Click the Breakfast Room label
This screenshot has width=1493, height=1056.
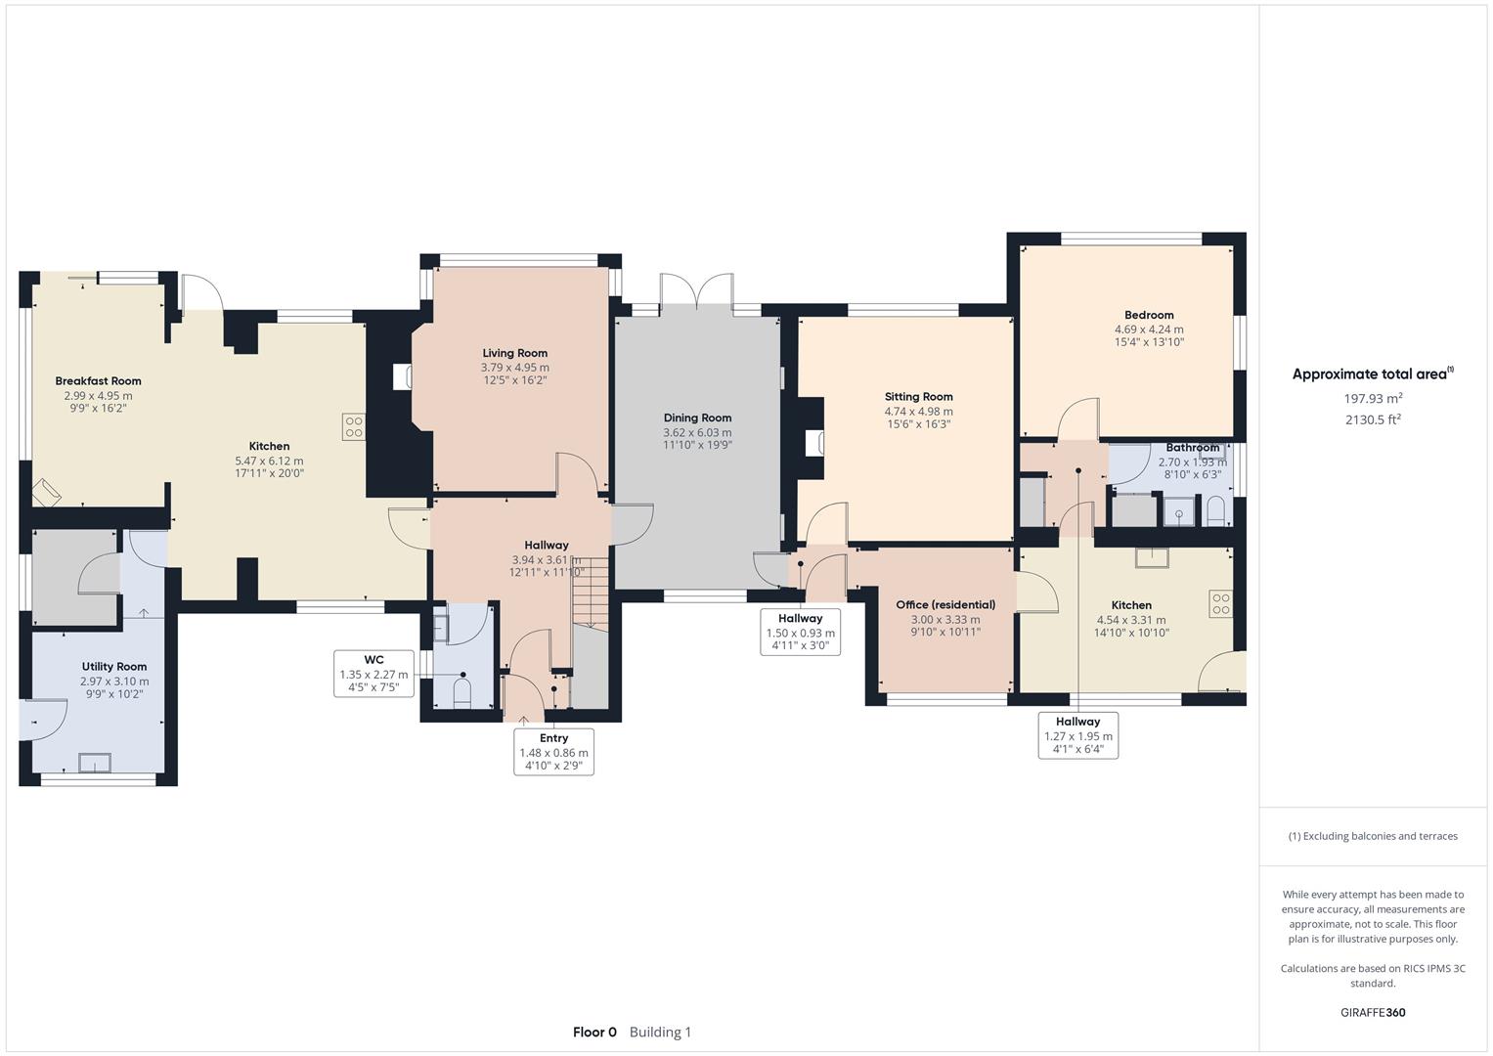tap(98, 381)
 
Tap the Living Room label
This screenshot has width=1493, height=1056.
tap(514, 353)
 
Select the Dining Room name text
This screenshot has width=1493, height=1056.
tap(697, 418)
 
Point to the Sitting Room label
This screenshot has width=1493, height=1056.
tap(918, 397)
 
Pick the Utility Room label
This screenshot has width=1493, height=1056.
tap(114, 667)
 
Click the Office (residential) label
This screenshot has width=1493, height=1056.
tap(945, 604)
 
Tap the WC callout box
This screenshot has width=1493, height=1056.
tap(373, 674)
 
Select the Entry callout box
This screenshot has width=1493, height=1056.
tap(553, 752)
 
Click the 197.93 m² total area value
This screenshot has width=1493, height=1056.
tap(1373, 398)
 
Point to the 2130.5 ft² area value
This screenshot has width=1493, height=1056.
tap(1373, 419)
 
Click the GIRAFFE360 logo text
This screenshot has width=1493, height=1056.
tap(1373, 1012)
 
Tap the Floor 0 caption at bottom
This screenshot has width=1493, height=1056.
tap(594, 1032)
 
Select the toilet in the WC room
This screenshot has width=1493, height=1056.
tap(461, 692)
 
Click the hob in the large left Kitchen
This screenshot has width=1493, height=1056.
tap(353, 426)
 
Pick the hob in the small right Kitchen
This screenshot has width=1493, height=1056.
tap(1220, 603)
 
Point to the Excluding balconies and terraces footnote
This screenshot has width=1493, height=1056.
tap(1373, 836)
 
